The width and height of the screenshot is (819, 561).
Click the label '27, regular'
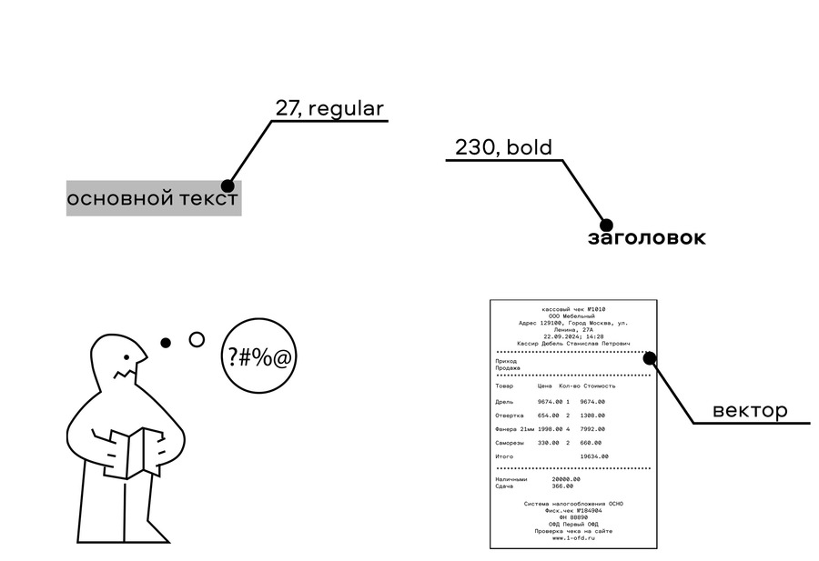(329, 109)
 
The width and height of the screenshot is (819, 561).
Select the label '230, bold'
(503, 147)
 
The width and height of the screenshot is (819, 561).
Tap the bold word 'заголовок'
(646, 238)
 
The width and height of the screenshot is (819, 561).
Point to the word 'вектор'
(750, 410)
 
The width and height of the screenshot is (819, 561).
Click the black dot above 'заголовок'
(605, 224)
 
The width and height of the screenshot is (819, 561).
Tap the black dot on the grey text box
(227, 186)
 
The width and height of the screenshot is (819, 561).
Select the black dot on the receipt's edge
(650, 358)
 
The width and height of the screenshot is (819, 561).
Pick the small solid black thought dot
(166, 344)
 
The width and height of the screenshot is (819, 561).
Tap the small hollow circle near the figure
(197, 340)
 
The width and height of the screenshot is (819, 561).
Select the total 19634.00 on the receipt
(593, 456)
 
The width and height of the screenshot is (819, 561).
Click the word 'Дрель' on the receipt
(504, 401)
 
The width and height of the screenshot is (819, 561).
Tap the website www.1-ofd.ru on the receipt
(573, 538)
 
